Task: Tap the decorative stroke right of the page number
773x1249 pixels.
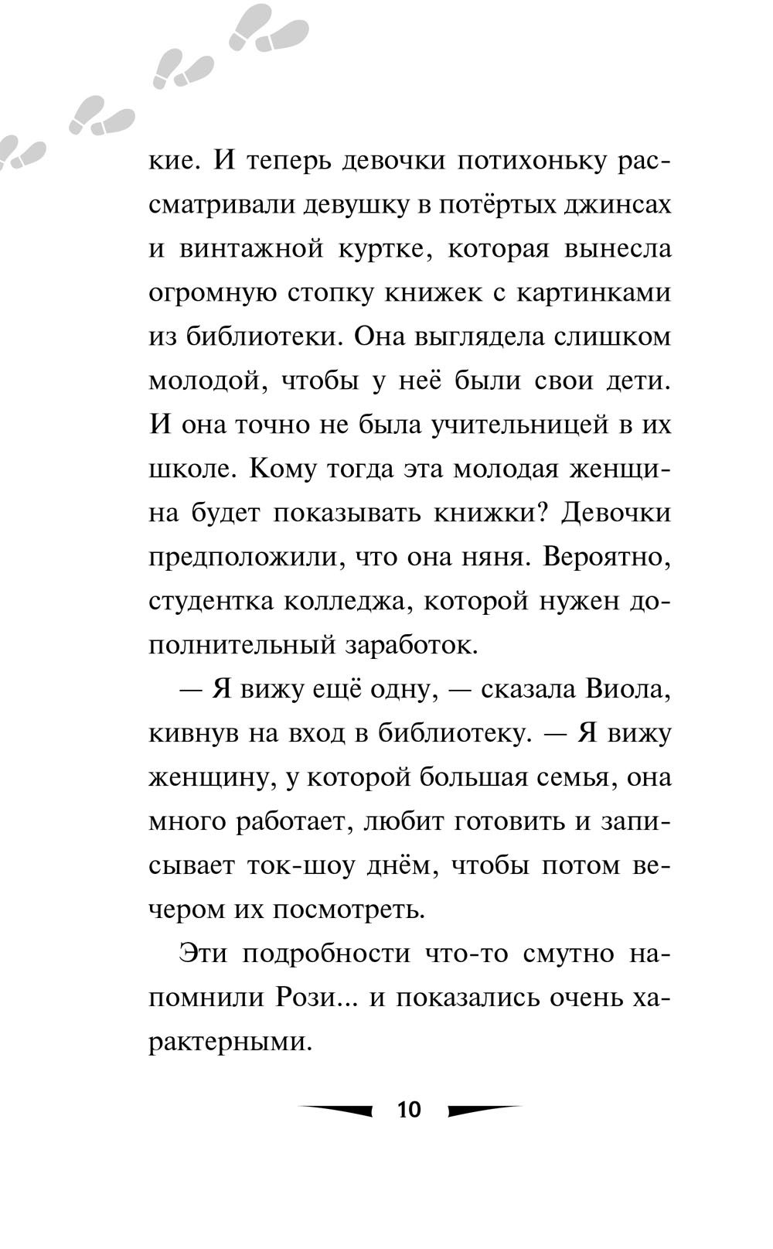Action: (484, 1110)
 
